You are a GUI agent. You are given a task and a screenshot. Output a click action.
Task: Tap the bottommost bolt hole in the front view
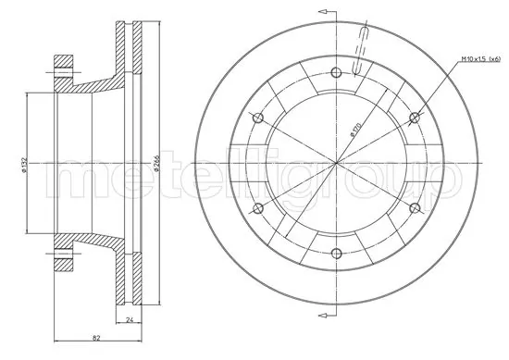(337, 253)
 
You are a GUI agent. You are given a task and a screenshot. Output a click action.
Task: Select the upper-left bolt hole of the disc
(258, 117)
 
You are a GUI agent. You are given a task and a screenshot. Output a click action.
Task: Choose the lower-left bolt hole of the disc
(258, 207)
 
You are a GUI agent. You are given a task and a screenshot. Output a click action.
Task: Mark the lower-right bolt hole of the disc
(416, 207)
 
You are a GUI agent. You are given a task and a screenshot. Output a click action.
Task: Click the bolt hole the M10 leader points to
(416, 117)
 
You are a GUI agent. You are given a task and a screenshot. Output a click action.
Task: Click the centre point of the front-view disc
(337, 162)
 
